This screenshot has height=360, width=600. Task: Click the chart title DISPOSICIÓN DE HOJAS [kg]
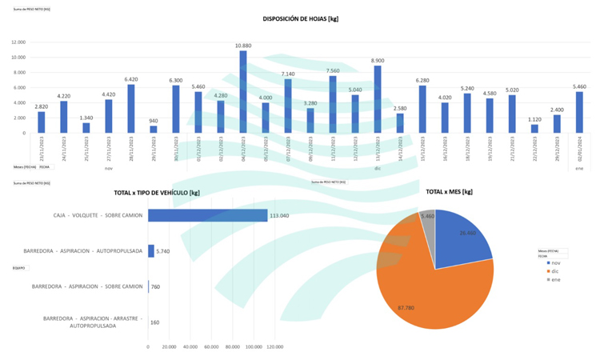tap(300, 18)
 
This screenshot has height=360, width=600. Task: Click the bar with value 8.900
tap(378, 99)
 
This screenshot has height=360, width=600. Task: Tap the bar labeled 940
tap(154, 130)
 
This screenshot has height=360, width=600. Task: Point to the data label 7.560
tap(333, 70)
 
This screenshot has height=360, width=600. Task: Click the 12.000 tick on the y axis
tap(18, 42)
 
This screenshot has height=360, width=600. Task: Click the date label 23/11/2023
tap(42, 150)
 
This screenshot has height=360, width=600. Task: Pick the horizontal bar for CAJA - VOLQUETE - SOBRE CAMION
tap(207, 215)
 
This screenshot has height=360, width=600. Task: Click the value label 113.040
tap(279, 215)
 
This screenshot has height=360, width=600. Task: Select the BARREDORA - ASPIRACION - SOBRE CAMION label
tap(87, 286)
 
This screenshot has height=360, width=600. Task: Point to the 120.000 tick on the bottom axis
tap(274, 347)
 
